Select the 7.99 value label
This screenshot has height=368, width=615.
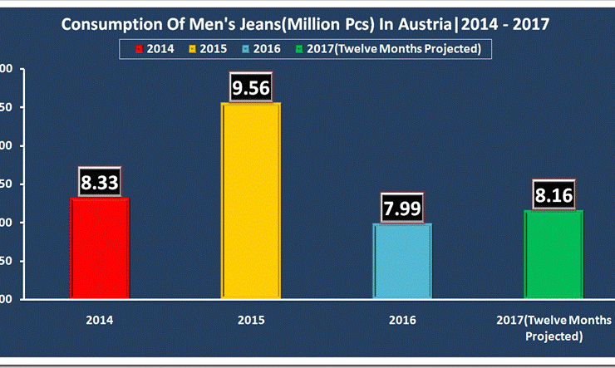(401, 208)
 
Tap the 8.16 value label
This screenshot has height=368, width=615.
(553, 195)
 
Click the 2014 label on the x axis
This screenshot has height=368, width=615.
(100, 320)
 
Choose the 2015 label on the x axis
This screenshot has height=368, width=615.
(250, 320)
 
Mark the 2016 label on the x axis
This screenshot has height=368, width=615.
(401, 320)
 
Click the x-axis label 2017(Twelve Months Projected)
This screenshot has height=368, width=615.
(553, 327)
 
